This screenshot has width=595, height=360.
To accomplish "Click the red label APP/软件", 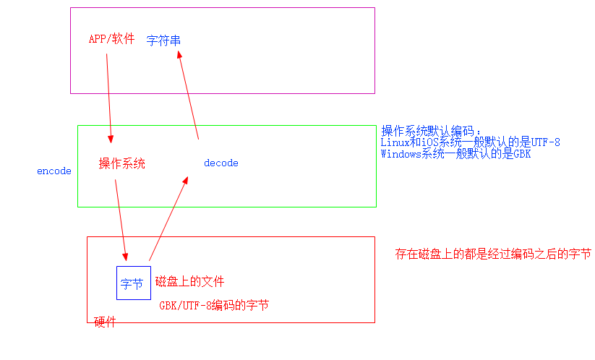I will pyautogui.click(x=111, y=39).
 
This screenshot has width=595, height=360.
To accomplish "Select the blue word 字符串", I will pyautogui.click(x=163, y=40).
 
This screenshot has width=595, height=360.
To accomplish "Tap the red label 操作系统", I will pyautogui.click(x=121, y=163).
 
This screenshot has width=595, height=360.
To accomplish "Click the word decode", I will pyautogui.click(x=221, y=163).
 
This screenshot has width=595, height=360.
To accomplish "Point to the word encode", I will pyautogui.click(x=54, y=171).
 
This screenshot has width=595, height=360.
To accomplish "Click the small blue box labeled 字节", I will pyautogui.click(x=133, y=283).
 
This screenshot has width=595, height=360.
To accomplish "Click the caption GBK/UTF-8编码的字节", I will pyautogui.click(x=214, y=305).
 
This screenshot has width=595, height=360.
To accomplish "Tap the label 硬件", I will pyautogui.click(x=106, y=322).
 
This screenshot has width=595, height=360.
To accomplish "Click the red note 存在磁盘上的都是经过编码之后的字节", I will pyautogui.click(x=493, y=254).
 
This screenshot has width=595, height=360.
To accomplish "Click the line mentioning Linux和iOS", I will pyautogui.click(x=470, y=142).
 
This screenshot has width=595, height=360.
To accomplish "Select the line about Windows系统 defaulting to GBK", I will pyautogui.click(x=455, y=154).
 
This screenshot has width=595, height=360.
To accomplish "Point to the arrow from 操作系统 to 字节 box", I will pyautogui.click(x=121, y=220).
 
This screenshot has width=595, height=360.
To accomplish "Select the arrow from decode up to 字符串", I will pyautogui.click(x=188, y=98).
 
